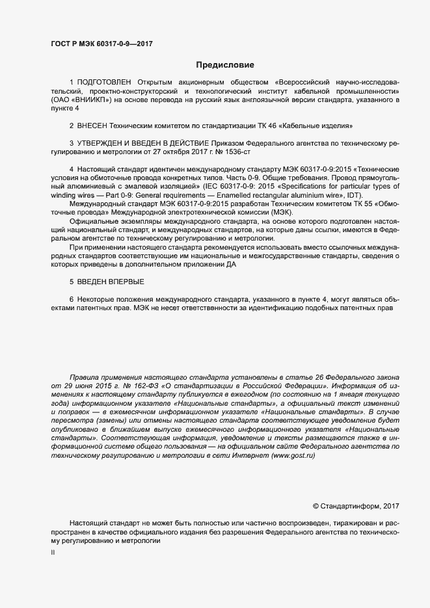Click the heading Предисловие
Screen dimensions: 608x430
[x=225, y=65]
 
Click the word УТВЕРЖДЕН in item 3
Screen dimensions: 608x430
[x=106, y=142]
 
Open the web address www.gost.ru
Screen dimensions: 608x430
[x=293, y=456]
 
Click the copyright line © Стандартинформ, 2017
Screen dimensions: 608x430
[x=356, y=506]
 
